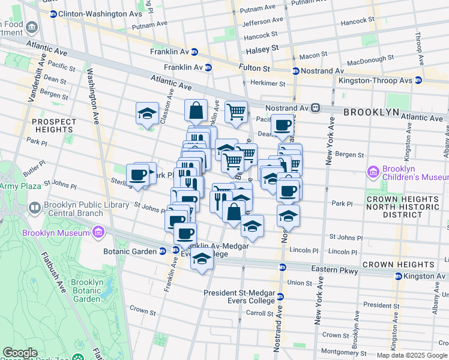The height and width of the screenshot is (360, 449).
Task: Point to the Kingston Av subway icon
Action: [x=398, y=277]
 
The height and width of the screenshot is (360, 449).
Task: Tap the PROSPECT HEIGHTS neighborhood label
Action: [x=54, y=125]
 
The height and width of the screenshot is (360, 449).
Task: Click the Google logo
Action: [x=20, y=352]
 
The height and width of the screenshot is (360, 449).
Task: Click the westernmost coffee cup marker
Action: [x=138, y=174]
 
